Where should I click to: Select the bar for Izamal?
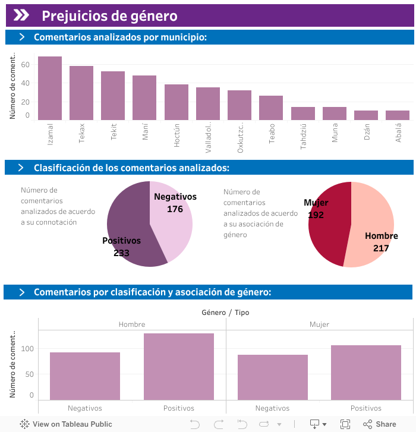click(x=50, y=88)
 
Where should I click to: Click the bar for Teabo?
click(x=271, y=108)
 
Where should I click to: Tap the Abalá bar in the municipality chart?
click(x=398, y=115)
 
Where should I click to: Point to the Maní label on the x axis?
click(x=145, y=131)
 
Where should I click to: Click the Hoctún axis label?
click(x=177, y=134)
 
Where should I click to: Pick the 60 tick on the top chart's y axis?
click(x=26, y=64)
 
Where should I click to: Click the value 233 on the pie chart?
click(x=121, y=253)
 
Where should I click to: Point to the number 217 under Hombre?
click(x=381, y=248)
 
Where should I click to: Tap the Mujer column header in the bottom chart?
click(x=319, y=324)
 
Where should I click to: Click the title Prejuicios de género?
click(x=109, y=16)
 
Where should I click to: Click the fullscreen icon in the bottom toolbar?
click(x=345, y=424)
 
